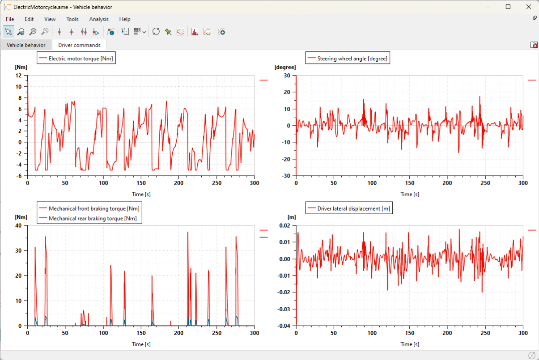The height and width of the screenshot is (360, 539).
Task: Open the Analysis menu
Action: point(99,19)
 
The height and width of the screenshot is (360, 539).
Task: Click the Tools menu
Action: point(72,19)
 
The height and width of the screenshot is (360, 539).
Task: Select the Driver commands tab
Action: point(79,45)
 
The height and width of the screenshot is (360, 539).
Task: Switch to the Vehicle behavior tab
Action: point(26,45)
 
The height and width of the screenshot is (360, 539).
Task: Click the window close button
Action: point(528,7)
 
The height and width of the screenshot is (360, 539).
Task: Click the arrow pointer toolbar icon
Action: point(8,31)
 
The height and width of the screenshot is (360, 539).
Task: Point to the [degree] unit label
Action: point(285,67)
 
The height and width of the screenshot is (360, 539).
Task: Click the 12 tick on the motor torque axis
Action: point(18,76)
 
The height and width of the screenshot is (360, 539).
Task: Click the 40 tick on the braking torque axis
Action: point(18,225)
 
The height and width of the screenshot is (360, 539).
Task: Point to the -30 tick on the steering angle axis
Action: point(286,176)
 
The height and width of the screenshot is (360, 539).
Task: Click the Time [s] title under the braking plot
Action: point(141,344)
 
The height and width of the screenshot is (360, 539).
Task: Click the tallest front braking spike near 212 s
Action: point(188,233)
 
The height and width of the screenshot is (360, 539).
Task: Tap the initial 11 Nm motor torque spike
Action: point(28,82)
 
